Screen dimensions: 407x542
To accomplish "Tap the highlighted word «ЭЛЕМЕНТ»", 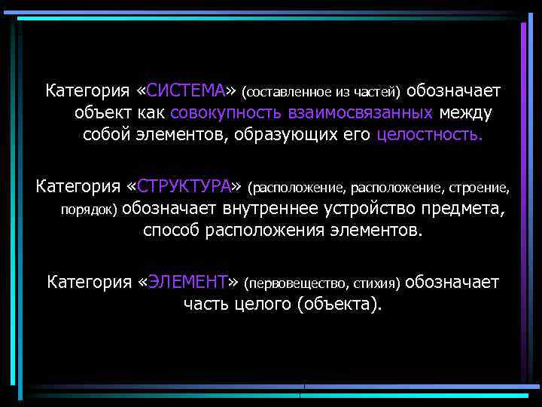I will (187, 282).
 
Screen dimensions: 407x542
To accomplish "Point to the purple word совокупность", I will (226, 114).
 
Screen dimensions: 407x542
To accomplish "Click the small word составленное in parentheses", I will (281, 93).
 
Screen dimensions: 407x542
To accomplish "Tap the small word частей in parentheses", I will (382, 93).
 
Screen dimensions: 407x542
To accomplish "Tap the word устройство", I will (375, 208).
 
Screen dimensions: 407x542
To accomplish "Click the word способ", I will (172, 230).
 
